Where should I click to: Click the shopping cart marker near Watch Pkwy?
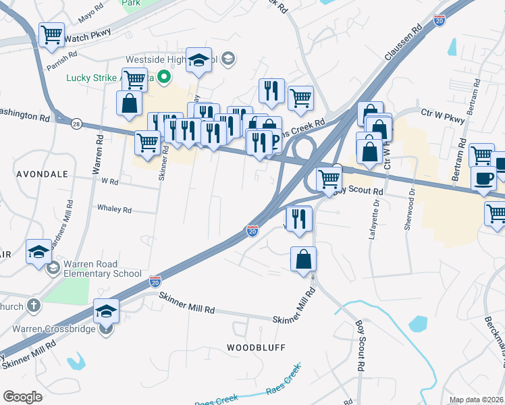tap(51, 34)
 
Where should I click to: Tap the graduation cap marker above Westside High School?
tap(199, 59)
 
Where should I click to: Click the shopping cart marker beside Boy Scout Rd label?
tap(329, 179)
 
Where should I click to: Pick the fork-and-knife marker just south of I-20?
tap(298, 218)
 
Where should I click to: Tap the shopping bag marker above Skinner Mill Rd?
tap(304, 259)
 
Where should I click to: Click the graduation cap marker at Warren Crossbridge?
tap(107, 310)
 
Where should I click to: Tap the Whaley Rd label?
tap(115, 209)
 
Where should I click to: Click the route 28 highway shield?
tap(76, 124)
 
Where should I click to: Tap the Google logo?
tap(22, 397)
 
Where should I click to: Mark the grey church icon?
tap(34, 306)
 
